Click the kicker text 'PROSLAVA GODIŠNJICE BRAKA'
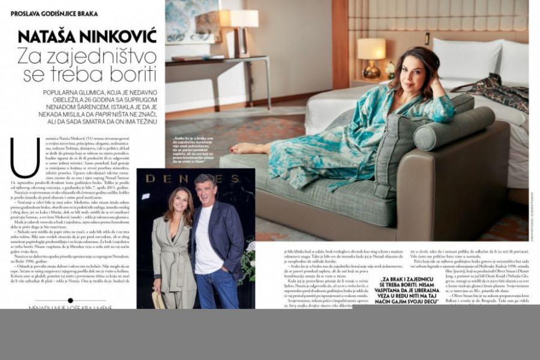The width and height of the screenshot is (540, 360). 55,13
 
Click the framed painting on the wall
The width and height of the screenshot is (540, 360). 192,21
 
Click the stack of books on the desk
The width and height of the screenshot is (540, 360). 190,58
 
